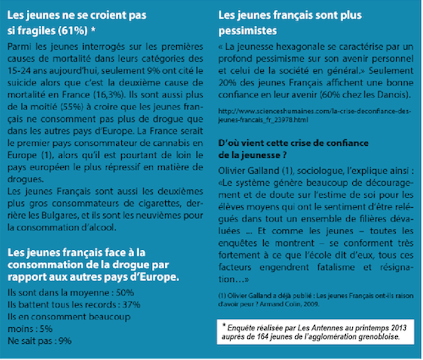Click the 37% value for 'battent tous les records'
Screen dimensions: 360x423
point(131,304)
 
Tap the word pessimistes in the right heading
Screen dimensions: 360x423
point(247,31)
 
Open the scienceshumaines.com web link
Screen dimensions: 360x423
point(315,116)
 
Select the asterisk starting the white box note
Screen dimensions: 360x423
point(224,325)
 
